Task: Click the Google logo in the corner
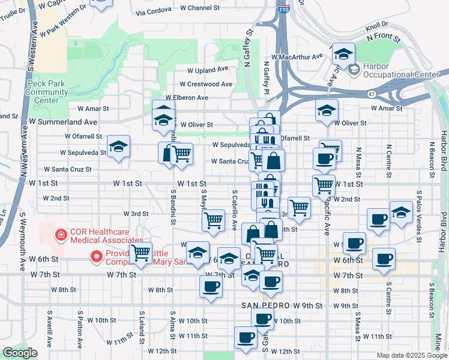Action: point(20,353)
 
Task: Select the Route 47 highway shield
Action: point(373,94)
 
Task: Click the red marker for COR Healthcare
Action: point(60,235)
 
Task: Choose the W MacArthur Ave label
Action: point(297,56)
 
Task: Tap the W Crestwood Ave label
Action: point(205,84)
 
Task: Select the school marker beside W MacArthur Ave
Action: point(343,55)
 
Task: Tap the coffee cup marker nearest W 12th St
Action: point(245,337)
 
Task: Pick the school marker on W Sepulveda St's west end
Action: point(118,146)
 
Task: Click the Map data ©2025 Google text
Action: point(411,355)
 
